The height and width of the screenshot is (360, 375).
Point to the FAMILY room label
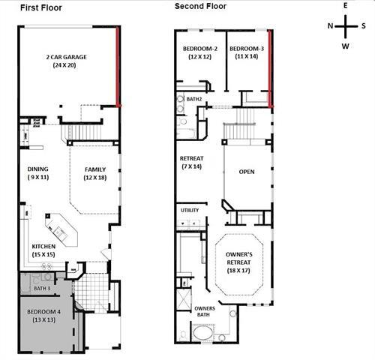pyautogui.click(x=95, y=172)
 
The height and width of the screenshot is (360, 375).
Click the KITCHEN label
pyautogui.click(x=42, y=250)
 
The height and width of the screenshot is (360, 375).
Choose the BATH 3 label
pyautogui.click(x=42, y=289)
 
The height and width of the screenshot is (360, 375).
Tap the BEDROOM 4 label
pyautogui.click(x=43, y=314)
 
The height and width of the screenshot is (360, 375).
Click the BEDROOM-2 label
pyautogui.click(x=199, y=52)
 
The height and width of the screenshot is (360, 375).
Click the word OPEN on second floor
pyautogui.click(x=246, y=172)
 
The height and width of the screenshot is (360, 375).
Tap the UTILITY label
pyautogui.click(x=190, y=211)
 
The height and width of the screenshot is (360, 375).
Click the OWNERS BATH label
pyautogui.click(x=204, y=313)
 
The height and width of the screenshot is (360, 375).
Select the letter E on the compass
pyautogui.click(x=346, y=6)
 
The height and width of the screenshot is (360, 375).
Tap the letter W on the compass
pyautogui.click(x=346, y=46)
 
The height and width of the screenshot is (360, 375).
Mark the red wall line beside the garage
pyautogui.click(x=118, y=67)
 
